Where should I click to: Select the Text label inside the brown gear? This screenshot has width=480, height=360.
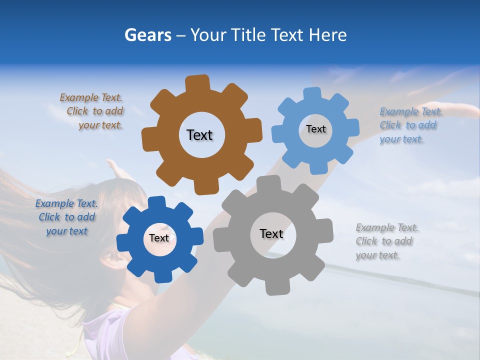click(x=199, y=135)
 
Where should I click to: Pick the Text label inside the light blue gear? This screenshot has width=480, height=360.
click(x=315, y=129)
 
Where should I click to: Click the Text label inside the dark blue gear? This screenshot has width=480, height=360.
click(x=159, y=238)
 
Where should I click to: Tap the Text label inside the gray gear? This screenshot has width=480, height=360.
click(x=271, y=233)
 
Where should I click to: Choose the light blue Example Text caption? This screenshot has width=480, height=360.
click(x=409, y=125)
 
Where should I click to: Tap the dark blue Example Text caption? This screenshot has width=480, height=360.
click(x=66, y=217)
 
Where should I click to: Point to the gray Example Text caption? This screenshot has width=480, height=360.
click(x=386, y=241)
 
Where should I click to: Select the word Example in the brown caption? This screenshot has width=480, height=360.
click(x=79, y=98)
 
